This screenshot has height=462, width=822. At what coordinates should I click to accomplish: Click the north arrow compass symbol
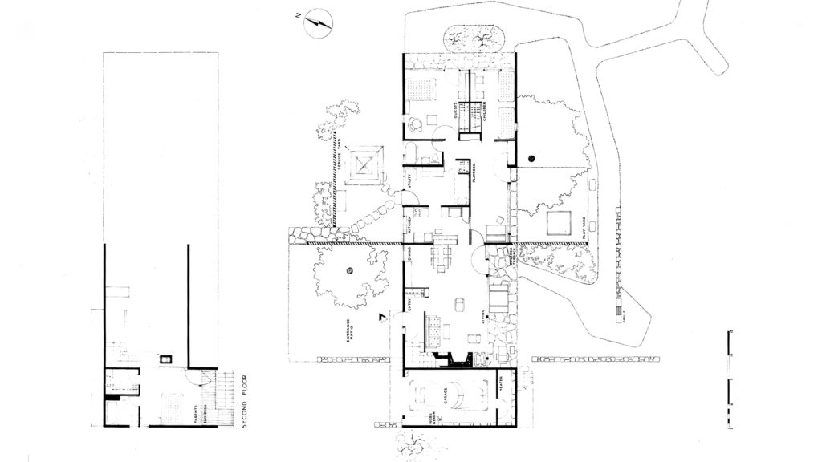click(x=319, y=24)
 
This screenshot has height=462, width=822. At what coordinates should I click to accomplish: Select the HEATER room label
click(x=500, y=389)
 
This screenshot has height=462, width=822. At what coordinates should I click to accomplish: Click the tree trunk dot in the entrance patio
click(x=350, y=272)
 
